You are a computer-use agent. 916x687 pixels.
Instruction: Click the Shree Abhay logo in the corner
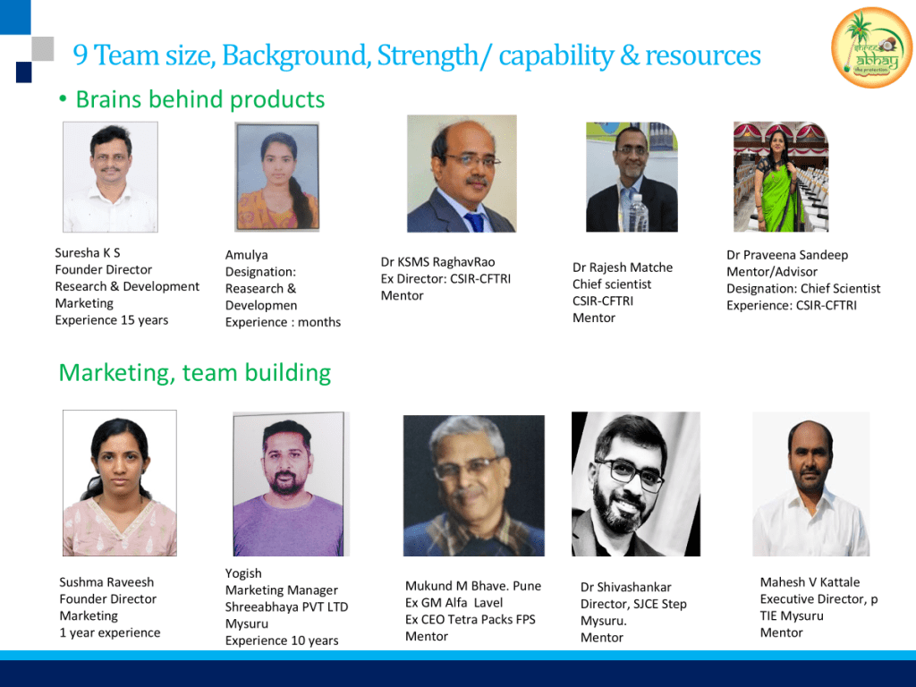point(871,47)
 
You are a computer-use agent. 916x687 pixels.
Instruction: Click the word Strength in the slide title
point(428,55)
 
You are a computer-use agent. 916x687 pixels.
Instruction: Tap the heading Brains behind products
point(199,99)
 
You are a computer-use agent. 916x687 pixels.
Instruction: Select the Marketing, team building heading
point(194,373)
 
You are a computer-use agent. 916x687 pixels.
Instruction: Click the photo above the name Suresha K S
point(110,177)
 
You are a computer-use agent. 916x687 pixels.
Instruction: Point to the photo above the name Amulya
point(277,176)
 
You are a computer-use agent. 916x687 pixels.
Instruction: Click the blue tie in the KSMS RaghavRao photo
point(475,222)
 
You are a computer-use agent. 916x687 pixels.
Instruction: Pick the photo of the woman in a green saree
point(781,177)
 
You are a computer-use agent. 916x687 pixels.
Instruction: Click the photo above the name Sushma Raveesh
point(120,483)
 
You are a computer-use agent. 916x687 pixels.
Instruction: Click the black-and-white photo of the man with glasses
point(636,484)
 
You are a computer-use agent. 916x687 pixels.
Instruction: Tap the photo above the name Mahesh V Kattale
point(810,484)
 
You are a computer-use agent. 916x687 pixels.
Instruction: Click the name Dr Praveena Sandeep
point(787,255)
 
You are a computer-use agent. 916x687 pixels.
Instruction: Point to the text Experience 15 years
point(112,320)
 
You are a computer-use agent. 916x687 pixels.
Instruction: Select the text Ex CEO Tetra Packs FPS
point(471,620)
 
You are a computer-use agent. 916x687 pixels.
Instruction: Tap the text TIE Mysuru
point(792,616)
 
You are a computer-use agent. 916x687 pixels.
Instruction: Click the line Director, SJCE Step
point(633,605)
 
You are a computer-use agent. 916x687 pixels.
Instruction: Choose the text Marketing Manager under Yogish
point(282,590)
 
